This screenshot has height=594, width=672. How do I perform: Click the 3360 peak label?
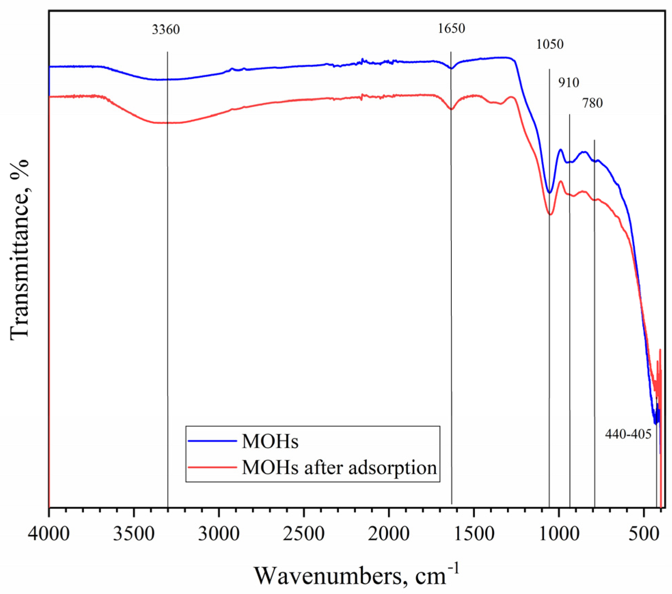pyautogui.click(x=166, y=30)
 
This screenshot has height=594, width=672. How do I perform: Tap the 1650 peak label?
pyautogui.click(x=451, y=28)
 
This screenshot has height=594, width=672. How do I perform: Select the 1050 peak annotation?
pyautogui.click(x=549, y=44)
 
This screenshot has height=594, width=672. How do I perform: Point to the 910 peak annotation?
pyautogui.click(x=568, y=83)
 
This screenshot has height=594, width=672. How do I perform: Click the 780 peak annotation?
pyautogui.click(x=592, y=103)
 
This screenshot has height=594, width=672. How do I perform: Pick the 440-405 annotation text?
pyautogui.click(x=628, y=434)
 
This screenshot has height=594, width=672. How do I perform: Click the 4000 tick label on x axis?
pyautogui.click(x=49, y=534)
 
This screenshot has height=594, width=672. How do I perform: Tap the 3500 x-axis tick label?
pyautogui.click(x=134, y=534)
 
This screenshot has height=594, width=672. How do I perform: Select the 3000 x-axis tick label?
pyautogui.click(x=219, y=534)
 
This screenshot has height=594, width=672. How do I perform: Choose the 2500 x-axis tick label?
pyautogui.click(x=303, y=534)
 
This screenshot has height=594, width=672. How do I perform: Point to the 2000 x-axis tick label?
pyautogui.click(x=388, y=534)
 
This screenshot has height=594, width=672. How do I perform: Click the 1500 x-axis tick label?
pyautogui.click(x=474, y=534)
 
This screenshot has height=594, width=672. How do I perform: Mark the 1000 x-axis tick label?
pyautogui.click(x=559, y=534)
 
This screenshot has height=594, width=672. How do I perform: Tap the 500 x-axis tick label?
pyautogui.click(x=644, y=534)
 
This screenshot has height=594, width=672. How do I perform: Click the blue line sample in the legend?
pyautogui.click(x=212, y=441)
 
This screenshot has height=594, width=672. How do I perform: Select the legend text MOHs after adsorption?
pyautogui.click(x=339, y=467)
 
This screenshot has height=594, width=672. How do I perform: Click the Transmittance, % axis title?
pyautogui.click(x=19, y=249)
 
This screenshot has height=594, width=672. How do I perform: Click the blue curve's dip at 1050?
pyautogui.click(x=549, y=193)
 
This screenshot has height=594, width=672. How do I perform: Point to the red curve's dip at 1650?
pyautogui.click(x=451, y=109)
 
